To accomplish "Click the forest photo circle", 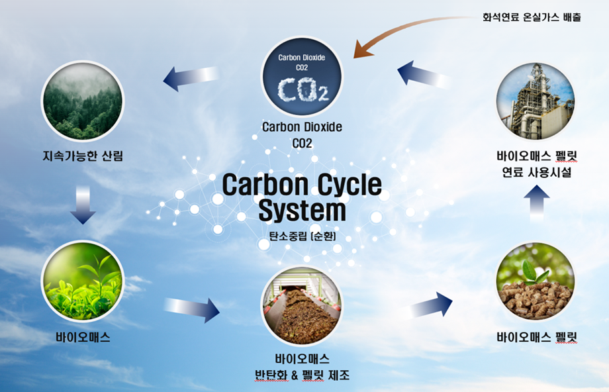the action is [x=83, y=101].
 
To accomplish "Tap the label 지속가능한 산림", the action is [x=83, y=156].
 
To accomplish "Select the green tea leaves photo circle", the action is [x=83, y=281].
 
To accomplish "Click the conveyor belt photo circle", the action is [x=302, y=305].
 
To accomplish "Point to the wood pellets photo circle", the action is [x=536, y=281].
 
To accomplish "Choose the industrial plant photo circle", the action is [x=536, y=101].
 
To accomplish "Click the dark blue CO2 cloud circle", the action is [x=302, y=77].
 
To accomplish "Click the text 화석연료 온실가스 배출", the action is [x=532, y=17].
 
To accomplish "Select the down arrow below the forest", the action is [x=83, y=205].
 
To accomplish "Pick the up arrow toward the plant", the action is [x=536, y=203].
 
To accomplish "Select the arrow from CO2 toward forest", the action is [x=191, y=77].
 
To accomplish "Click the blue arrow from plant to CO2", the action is [x=424, y=75].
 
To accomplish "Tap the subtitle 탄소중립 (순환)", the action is [x=302, y=236].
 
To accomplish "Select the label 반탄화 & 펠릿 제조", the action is [x=302, y=375].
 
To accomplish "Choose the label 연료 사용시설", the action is [x=536, y=172].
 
